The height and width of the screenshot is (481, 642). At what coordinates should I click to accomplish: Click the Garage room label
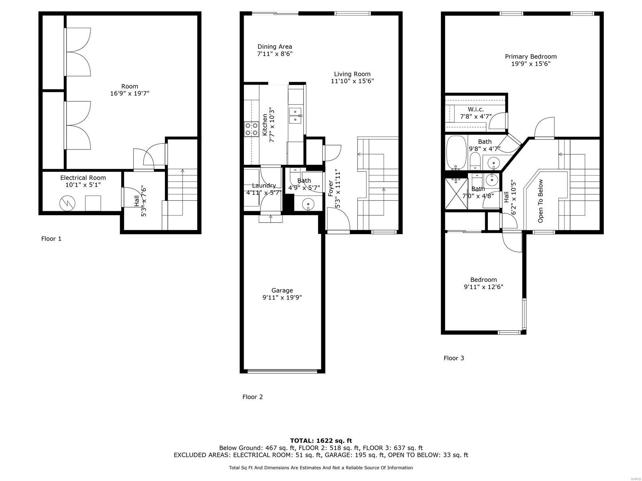tap(282, 291)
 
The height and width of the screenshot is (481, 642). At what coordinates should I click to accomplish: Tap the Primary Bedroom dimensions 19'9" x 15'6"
tap(530, 64)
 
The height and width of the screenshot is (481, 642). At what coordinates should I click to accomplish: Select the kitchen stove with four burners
tap(252, 129)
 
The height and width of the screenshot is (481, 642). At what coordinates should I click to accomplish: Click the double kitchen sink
tap(295, 115)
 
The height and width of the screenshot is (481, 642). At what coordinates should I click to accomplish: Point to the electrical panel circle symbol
tap(67, 204)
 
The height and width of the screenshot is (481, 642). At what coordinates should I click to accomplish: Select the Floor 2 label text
tap(252, 397)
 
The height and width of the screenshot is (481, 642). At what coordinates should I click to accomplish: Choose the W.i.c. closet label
tap(475, 109)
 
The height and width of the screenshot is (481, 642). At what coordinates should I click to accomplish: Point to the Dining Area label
tap(274, 46)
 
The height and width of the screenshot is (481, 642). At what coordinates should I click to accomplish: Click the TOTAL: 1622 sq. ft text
tap(321, 441)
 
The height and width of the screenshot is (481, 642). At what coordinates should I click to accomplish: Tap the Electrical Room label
tap(83, 178)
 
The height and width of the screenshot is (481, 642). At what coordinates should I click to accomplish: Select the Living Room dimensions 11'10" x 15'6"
tap(352, 81)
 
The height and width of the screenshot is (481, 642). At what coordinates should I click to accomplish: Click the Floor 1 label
tap(51, 238)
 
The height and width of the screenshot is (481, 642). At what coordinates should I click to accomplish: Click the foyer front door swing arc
tap(339, 218)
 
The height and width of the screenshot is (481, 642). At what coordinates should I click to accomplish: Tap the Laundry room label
tap(264, 186)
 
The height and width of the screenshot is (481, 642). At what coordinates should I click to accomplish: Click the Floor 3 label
tap(454, 358)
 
